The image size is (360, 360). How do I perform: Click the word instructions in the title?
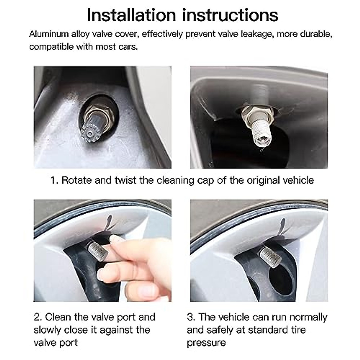click(230, 15)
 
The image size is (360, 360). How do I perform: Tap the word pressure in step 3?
click(206, 343)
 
